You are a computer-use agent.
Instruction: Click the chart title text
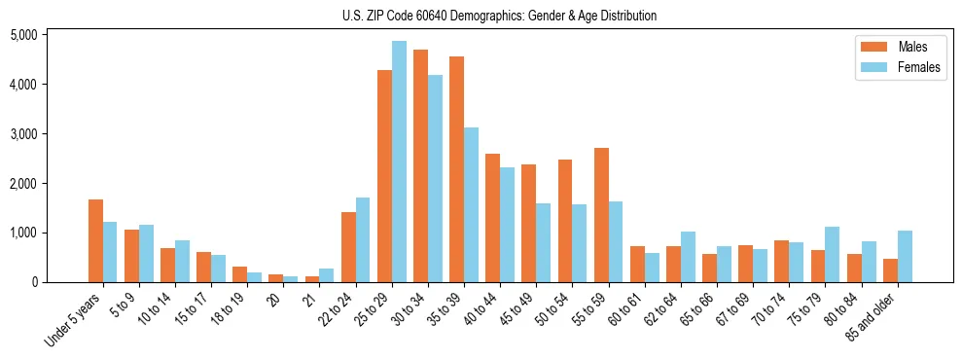(499, 16)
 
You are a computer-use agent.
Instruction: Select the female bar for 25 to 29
(399, 162)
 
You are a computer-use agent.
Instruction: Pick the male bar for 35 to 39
(456, 169)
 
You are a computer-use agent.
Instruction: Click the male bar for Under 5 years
(95, 240)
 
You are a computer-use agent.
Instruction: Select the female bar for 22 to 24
(363, 239)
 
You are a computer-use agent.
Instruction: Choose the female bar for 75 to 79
(833, 254)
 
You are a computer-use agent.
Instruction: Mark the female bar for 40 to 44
(507, 225)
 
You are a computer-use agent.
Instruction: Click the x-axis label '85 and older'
(872, 315)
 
